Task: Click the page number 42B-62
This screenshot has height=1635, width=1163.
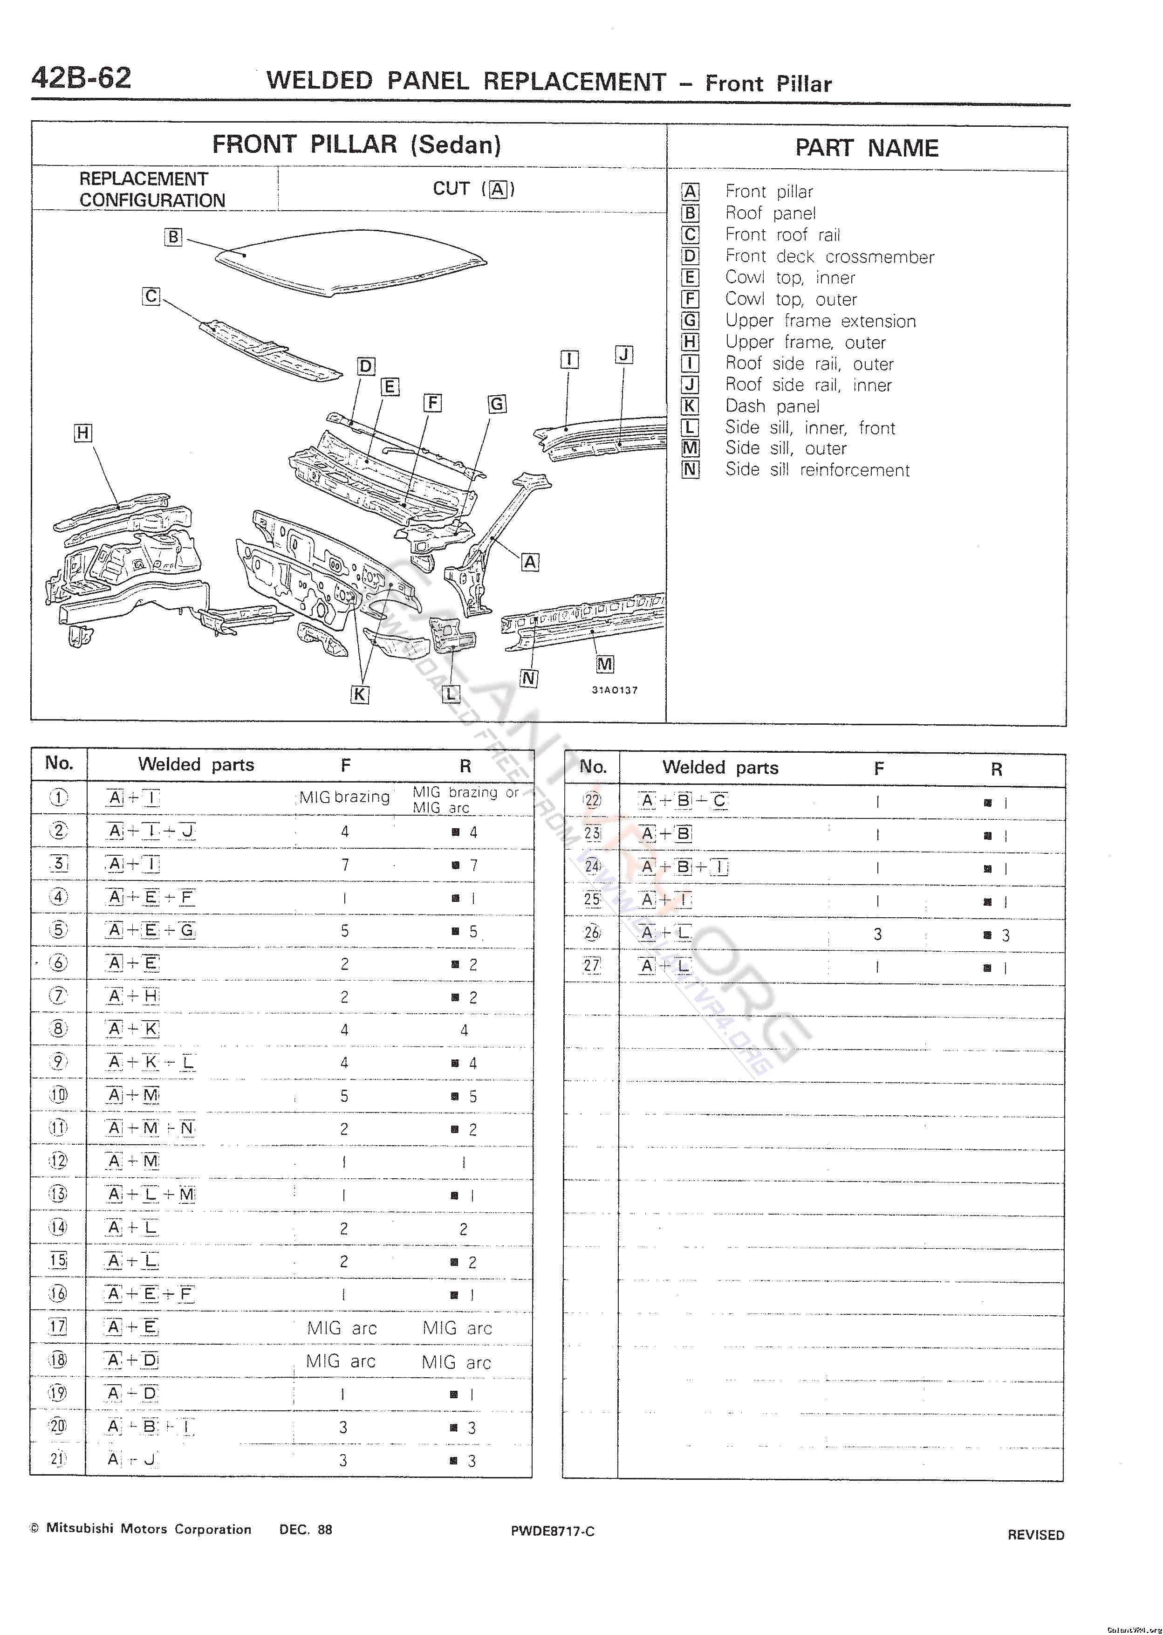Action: pyautogui.click(x=81, y=78)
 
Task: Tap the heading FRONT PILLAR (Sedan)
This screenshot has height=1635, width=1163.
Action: pyautogui.click(x=356, y=144)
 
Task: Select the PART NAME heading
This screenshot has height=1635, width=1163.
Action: pyautogui.click(x=867, y=148)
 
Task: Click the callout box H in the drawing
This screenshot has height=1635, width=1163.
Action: pyautogui.click(x=83, y=433)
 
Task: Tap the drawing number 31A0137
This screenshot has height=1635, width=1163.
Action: pyautogui.click(x=615, y=690)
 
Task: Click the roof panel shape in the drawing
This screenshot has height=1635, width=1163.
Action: pyautogui.click(x=351, y=261)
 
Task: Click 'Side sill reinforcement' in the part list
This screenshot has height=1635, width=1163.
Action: pyautogui.click(x=817, y=470)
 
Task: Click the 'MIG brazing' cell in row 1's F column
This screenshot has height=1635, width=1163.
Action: pyautogui.click(x=344, y=797)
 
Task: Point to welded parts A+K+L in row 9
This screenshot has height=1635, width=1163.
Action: pyautogui.click(x=151, y=1062)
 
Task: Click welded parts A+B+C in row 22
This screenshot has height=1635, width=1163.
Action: pyautogui.click(x=684, y=801)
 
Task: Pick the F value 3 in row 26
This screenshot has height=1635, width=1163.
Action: pyautogui.click(x=878, y=934)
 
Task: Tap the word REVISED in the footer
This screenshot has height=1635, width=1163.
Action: pyautogui.click(x=1035, y=1535)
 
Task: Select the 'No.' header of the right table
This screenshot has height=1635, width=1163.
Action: pyautogui.click(x=592, y=767)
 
